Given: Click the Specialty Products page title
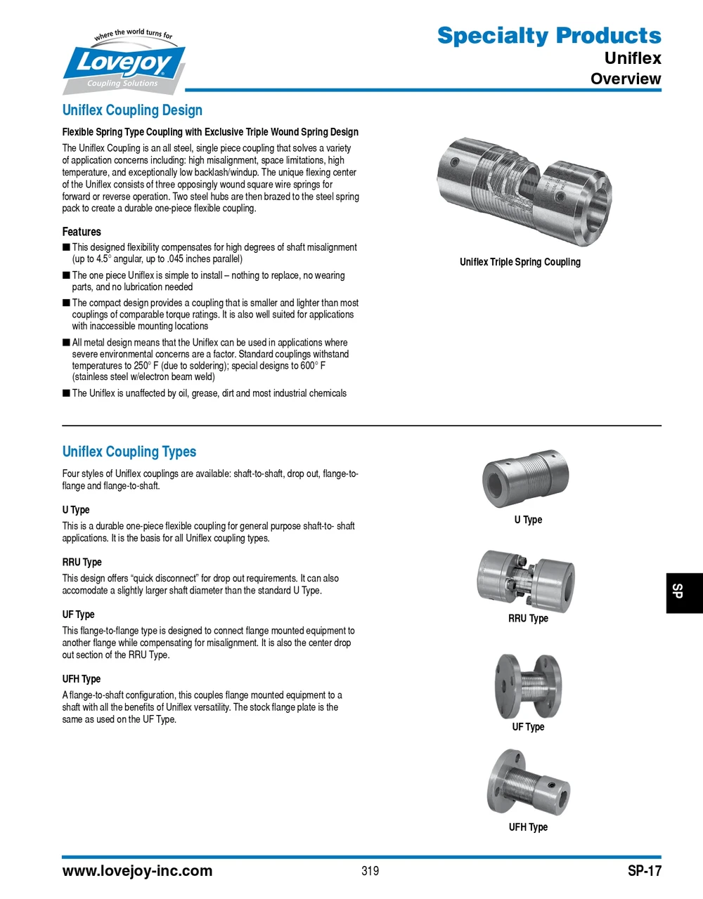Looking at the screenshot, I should pos(548,35).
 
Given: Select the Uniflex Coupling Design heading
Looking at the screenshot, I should pos(132,110).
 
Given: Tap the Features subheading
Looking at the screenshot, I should pos(82,232).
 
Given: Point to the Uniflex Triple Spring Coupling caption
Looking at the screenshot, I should pos(520,262).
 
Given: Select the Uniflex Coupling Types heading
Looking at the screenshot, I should pos(129,452).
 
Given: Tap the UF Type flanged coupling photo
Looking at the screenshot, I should pos(528,685).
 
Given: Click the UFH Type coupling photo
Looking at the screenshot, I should pos(527,783).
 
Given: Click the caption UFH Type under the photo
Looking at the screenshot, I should pos(528,827).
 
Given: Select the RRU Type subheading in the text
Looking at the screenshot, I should pos(82,562).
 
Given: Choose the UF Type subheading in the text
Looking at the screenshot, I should pos(78,615).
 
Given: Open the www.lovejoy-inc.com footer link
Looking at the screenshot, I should pos(137,871).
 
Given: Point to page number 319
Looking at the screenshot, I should pos(370,871).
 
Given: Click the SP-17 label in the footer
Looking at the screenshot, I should pos(644,871).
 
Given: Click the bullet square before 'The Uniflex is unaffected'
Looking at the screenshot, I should pos(66,393).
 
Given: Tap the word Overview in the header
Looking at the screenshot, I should pos(625,79).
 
